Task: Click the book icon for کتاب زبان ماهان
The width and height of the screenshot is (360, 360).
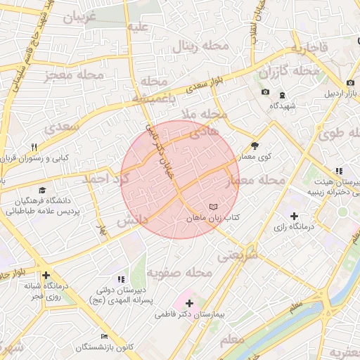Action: (x=214, y=207)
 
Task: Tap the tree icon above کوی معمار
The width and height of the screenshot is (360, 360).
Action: (x=255, y=146)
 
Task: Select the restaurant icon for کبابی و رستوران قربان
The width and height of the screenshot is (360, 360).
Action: (x=33, y=147)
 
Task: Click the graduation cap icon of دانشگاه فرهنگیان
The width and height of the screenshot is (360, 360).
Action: (x=42, y=191)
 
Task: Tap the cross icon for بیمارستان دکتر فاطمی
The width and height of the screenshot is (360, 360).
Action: (x=189, y=302)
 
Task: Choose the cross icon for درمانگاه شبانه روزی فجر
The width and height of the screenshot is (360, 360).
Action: (x=46, y=275)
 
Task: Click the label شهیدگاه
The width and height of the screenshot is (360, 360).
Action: (x=283, y=106)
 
